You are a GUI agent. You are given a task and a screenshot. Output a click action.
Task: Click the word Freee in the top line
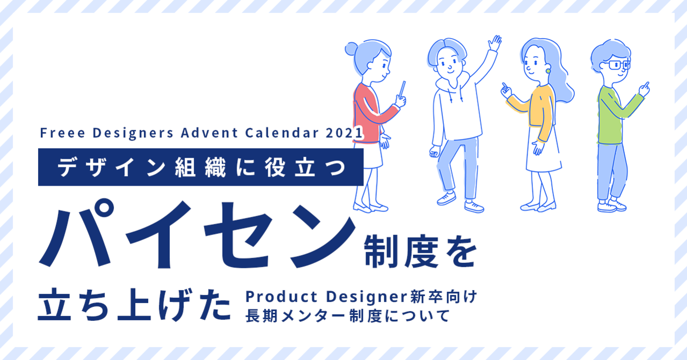click(63, 133)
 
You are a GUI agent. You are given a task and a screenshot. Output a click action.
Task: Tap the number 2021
click(344, 133)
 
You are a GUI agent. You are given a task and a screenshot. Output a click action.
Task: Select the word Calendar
click(282, 133)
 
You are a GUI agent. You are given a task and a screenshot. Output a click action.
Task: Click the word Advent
click(209, 133)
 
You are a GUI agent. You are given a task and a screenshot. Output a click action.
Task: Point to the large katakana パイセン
click(197, 235)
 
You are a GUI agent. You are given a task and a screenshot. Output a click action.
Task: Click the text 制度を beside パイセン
click(420, 252)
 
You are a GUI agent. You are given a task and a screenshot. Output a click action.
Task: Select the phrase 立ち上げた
click(134, 305)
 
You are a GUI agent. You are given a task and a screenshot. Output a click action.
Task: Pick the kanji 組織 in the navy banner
click(201, 167)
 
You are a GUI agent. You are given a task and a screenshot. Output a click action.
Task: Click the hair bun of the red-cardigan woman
click(352, 49)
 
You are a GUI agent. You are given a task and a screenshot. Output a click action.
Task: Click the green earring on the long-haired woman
click(548, 71)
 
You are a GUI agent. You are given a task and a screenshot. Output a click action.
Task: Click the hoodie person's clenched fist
click(435, 151)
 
